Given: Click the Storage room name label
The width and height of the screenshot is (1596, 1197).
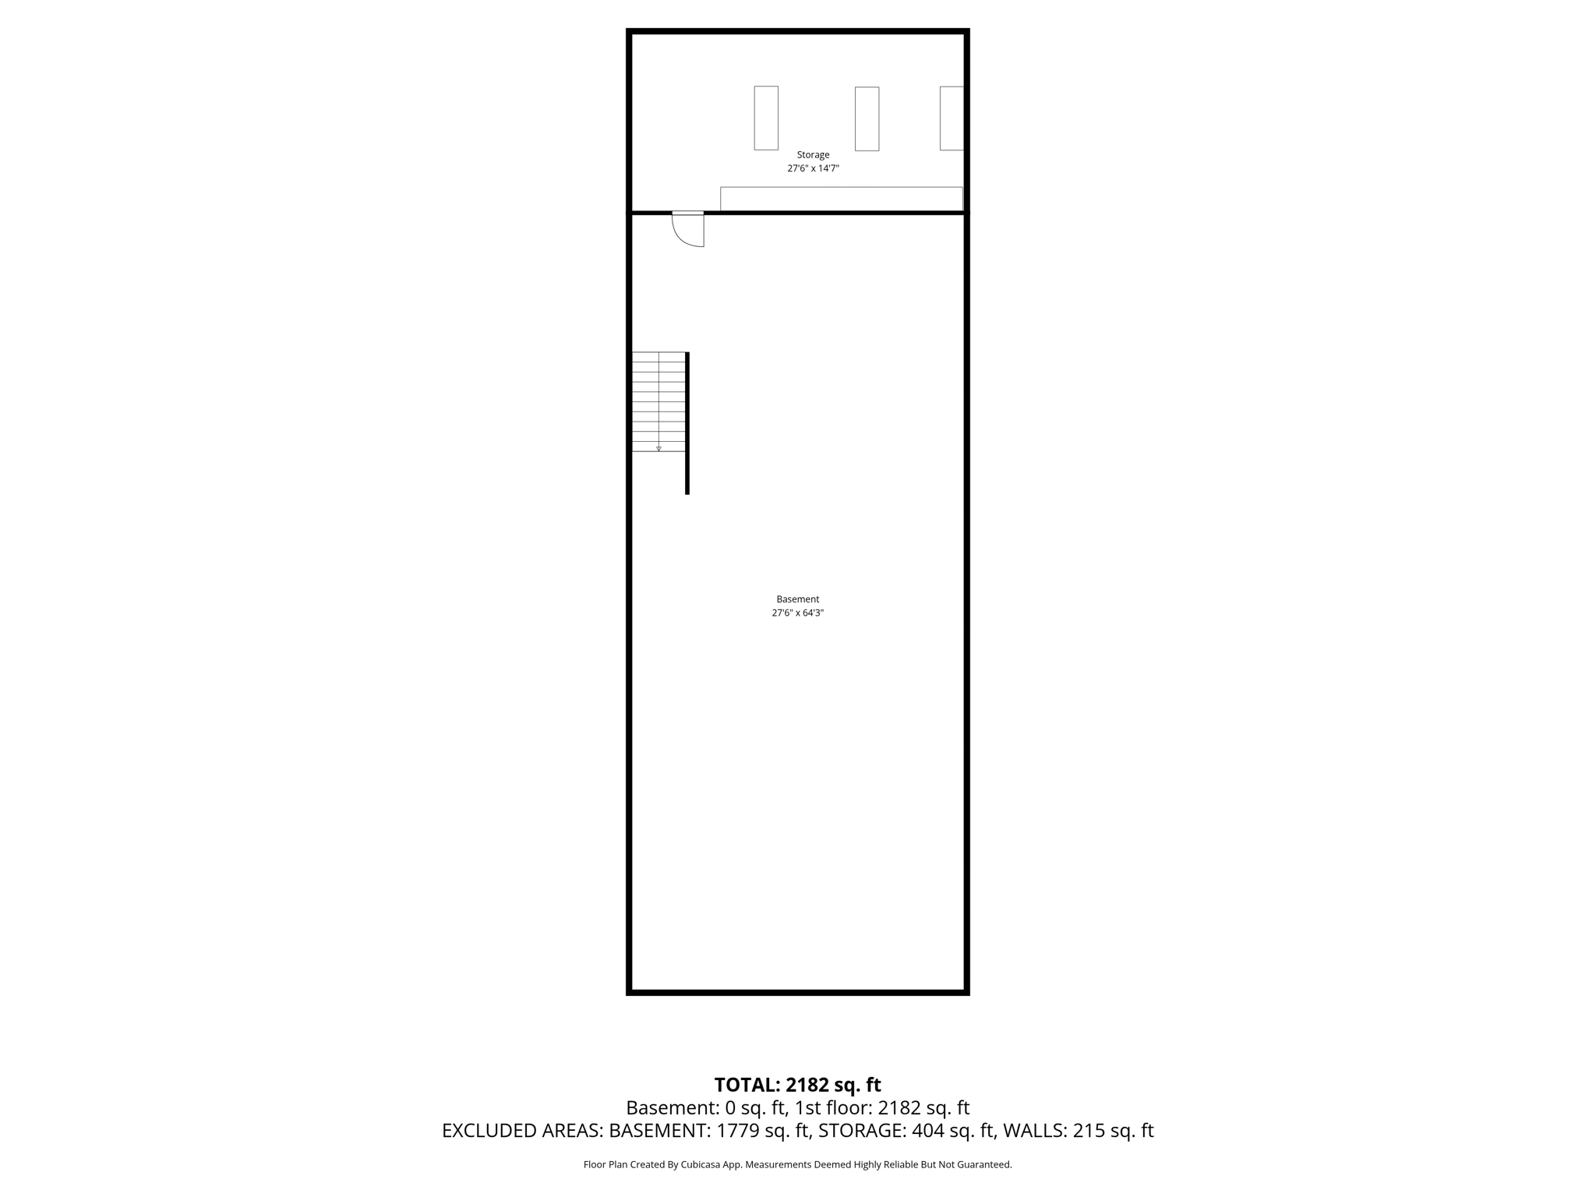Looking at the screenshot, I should (x=813, y=155).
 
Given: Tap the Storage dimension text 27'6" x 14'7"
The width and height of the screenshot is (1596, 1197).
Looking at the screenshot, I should (x=813, y=168).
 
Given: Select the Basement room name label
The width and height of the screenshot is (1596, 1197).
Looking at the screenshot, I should (x=797, y=599).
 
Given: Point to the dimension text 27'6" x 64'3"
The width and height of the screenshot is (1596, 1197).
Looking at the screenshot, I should (x=797, y=613).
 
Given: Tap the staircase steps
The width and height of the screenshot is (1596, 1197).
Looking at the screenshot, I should (x=659, y=397).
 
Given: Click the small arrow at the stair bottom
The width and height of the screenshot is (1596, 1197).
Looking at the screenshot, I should (x=659, y=449).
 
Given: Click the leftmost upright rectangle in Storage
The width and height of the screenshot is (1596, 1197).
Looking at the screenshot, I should (x=766, y=118).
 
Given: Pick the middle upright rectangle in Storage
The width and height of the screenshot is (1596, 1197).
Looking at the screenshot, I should (x=867, y=118).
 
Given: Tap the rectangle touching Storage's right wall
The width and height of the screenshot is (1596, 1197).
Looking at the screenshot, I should (x=952, y=118).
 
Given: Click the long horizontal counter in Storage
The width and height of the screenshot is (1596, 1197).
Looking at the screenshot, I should (x=841, y=199).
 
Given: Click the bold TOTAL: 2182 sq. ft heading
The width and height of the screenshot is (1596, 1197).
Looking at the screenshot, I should (x=797, y=1085).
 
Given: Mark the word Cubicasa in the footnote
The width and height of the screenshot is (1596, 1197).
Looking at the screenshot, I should (x=701, y=1165).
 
